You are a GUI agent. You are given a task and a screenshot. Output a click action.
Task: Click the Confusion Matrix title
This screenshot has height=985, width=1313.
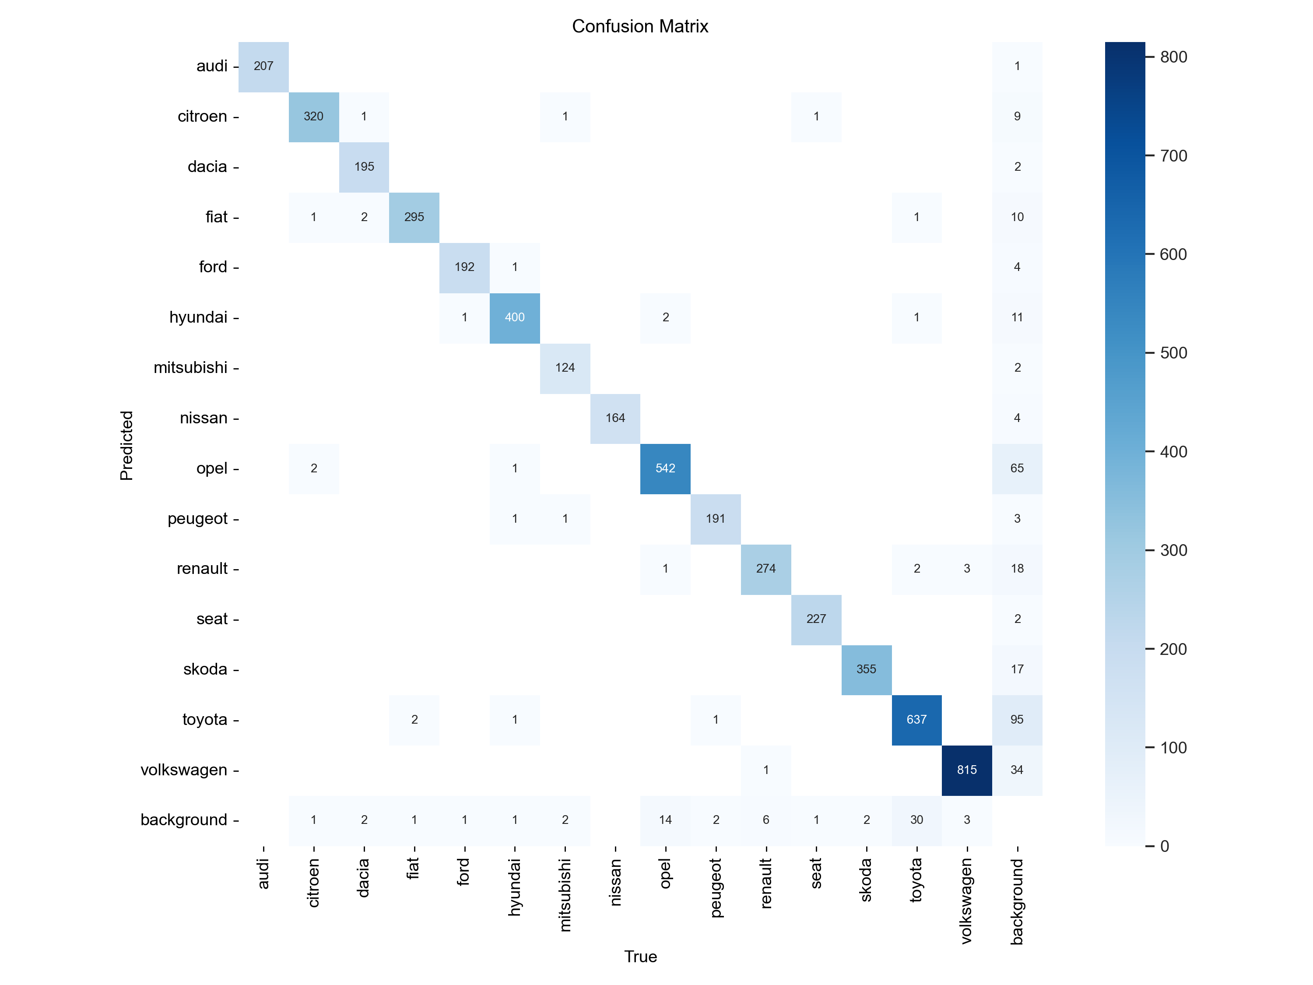tap(640, 26)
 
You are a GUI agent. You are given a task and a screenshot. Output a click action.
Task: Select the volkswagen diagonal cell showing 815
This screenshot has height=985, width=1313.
tap(966, 770)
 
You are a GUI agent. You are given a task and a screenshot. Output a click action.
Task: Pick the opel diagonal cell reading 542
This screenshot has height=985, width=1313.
tap(665, 468)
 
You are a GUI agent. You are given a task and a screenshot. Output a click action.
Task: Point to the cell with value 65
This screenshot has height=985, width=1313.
tap(1017, 468)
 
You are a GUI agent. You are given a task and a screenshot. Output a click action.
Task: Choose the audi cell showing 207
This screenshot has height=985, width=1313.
tap(263, 66)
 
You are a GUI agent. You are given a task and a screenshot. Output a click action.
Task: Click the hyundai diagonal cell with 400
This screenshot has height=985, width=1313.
tap(515, 317)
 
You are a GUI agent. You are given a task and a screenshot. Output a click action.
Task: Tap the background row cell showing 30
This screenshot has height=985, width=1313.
tap(916, 820)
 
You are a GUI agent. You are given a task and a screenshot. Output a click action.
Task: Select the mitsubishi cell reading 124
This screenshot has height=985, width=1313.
tap(565, 368)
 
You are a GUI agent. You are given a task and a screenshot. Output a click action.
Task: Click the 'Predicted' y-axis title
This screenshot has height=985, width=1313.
tap(126, 445)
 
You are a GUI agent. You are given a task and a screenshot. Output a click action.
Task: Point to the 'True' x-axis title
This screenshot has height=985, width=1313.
tap(640, 957)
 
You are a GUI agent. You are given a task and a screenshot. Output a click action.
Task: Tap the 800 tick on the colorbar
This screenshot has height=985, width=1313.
tap(1173, 57)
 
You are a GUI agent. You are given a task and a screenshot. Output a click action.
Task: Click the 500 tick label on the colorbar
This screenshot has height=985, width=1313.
tap(1173, 353)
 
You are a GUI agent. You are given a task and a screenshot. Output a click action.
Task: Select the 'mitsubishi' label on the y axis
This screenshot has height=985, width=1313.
tap(190, 368)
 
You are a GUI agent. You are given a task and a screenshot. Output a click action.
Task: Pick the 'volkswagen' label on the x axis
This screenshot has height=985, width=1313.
tap(966, 901)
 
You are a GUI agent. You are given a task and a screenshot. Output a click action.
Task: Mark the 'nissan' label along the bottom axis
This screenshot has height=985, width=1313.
tap(615, 882)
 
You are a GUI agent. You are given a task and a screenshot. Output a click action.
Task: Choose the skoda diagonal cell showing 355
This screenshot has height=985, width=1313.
tap(866, 669)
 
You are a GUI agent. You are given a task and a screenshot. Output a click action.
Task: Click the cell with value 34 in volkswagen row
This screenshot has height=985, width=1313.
tap(1017, 770)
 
